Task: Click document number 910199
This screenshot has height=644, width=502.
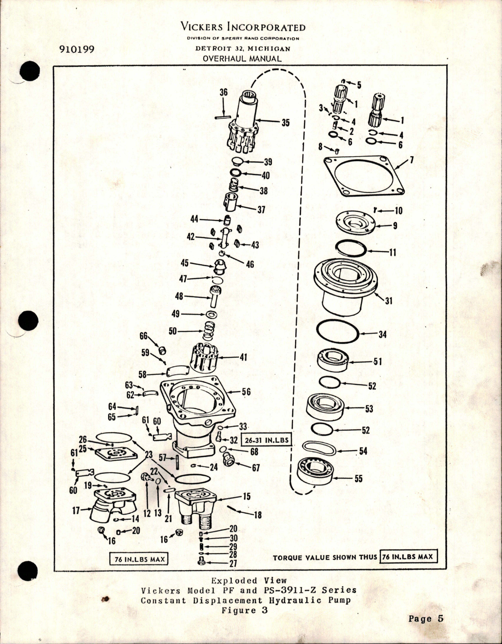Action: pos(76,50)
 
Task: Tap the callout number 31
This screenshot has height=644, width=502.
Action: pos(389,302)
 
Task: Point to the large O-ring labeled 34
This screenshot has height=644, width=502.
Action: pos(338,334)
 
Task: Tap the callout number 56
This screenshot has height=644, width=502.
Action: pos(246,392)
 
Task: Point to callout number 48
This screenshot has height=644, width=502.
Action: pos(179,296)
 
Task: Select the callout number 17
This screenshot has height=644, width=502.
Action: pos(76,511)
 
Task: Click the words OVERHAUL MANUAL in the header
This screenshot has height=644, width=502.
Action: pos(242,59)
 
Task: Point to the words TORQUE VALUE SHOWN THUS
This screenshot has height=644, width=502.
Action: pos(325,557)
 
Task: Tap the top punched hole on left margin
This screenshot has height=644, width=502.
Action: pos(31,72)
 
